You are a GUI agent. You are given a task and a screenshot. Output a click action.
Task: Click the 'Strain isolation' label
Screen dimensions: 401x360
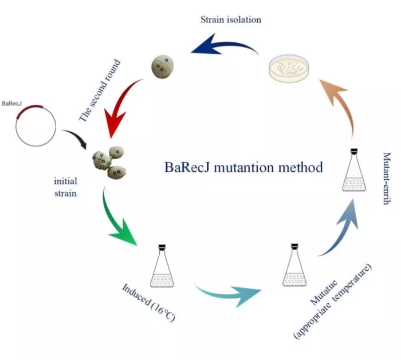[231, 19]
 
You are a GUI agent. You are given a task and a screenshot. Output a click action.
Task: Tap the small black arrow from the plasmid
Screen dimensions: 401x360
[76, 138]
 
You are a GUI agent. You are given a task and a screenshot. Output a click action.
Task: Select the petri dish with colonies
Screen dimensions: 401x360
[289, 68]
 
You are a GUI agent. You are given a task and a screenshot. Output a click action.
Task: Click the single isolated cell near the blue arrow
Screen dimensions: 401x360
[163, 67]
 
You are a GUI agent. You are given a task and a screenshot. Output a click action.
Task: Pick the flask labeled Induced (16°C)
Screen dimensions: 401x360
[162, 266]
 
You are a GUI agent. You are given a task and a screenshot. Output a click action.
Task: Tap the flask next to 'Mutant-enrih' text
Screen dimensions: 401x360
[354, 170]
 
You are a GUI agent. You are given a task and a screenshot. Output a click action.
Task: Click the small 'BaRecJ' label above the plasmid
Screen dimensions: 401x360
[12, 104]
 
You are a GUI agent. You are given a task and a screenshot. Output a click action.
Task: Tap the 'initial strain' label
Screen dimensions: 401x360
[65, 187]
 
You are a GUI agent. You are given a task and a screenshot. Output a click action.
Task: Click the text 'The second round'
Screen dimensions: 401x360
[100, 90]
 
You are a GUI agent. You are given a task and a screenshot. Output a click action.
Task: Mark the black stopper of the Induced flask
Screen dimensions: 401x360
[162, 247]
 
